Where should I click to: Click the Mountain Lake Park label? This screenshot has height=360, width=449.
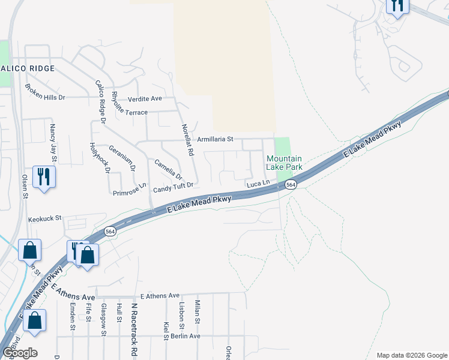coord(284,163)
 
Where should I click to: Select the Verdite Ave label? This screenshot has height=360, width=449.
coord(145,98)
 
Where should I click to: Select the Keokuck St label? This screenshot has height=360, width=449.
coord(45,218)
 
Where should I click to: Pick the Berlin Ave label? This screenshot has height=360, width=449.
coord(185,336)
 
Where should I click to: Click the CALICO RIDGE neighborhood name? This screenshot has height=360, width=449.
coord(27,68)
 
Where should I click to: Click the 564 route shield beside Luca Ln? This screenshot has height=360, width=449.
coord(291,185)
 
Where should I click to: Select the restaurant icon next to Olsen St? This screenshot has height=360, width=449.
coord(43,176)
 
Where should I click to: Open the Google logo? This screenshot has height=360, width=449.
coord(19,352)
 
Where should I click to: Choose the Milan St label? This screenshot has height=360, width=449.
coord(197,312)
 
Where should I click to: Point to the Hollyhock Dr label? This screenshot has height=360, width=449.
coord(99,157)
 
